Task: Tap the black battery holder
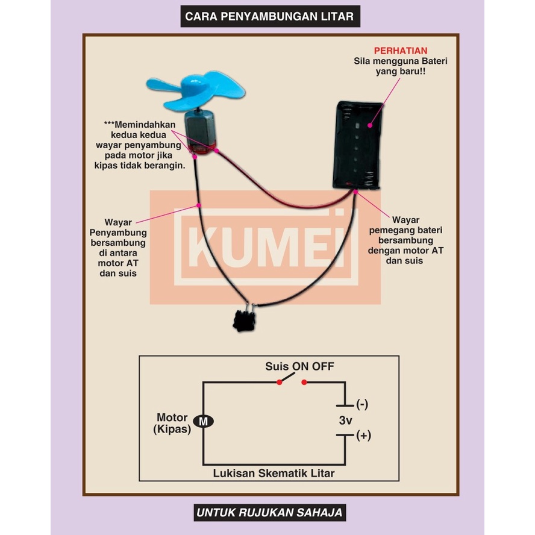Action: (x=358, y=145)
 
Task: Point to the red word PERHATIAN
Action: (x=401, y=51)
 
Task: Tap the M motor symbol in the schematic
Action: (x=203, y=422)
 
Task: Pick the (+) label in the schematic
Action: (x=363, y=436)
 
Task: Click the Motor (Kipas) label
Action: (x=173, y=423)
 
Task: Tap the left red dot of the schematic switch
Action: (x=279, y=381)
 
